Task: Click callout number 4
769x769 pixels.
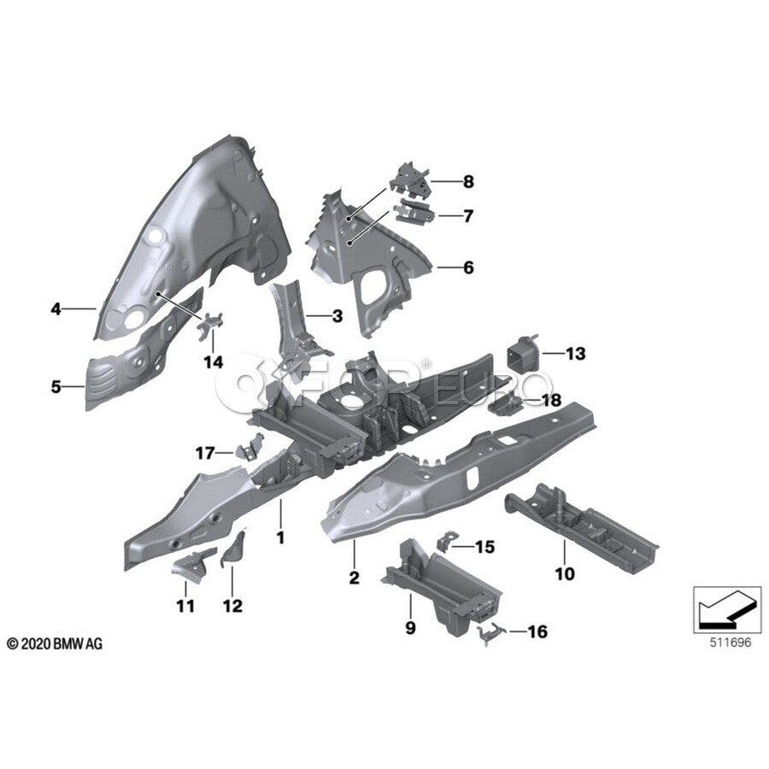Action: tap(55, 309)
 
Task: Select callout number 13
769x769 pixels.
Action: tap(575, 353)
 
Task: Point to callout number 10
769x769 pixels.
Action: tap(565, 574)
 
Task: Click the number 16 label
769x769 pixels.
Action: tap(537, 632)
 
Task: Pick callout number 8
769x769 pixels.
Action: tap(467, 181)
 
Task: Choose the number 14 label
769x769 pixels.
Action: tap(213, 362)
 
